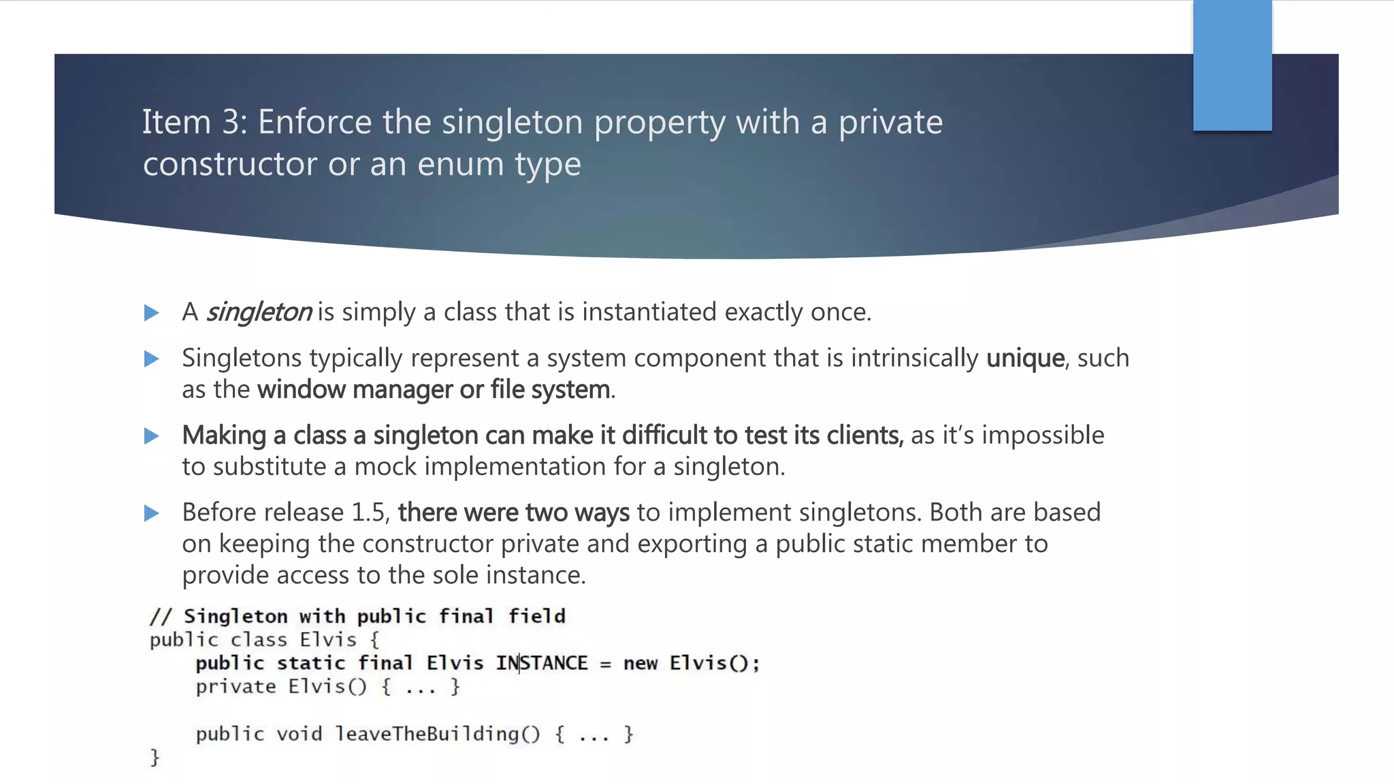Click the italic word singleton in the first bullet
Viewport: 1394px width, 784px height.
pos(259,312)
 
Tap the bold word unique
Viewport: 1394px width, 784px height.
pos(1025,358)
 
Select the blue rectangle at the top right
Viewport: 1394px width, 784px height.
pos(1232,65)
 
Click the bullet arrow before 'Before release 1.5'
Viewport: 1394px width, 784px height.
pos(152,513)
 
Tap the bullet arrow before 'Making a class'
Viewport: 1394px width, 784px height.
pos(152,436)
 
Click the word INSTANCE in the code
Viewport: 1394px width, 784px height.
pos(542,663)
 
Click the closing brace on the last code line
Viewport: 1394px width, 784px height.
pos(155,757)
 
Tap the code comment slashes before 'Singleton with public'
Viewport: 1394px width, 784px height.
pos(161,617)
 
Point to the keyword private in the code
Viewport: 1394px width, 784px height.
pos(236,687)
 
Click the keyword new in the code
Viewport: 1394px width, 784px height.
pos(640,664)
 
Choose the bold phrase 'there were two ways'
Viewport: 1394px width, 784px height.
pos(513,512)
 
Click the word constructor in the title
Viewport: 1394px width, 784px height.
pos(230,164)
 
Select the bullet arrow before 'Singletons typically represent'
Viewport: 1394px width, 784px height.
pos(152,359)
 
